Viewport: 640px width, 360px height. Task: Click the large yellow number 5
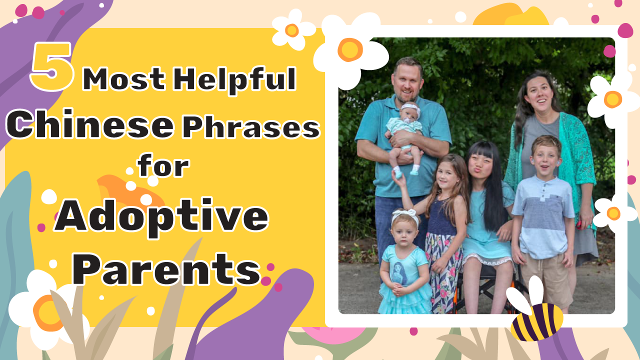coord(52,67)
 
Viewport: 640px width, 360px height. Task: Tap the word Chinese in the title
coord(90,124)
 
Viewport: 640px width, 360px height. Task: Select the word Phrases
coord(251,127)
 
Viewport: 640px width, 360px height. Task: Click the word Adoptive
coord(161,216)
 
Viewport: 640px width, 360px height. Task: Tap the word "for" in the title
coord(163,165)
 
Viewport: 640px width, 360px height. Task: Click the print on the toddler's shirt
coord(400,273)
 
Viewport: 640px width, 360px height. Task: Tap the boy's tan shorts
coord(545,278)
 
